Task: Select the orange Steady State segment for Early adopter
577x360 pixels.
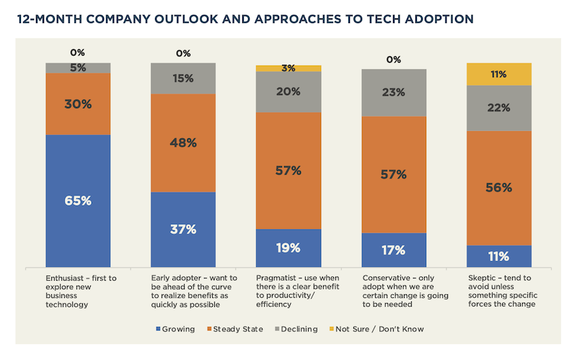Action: [183, 143]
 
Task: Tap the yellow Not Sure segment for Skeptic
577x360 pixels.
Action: [499, 74]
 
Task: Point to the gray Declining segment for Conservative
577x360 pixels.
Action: [394, 92]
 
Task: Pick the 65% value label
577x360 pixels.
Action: [78, 201]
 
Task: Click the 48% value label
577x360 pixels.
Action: [183, 143]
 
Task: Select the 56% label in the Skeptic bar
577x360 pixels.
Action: [499, 188]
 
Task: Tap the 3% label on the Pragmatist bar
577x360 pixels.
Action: [288, 69]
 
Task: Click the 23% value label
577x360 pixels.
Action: [394, 92]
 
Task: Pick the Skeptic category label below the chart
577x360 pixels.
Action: [498, 288]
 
